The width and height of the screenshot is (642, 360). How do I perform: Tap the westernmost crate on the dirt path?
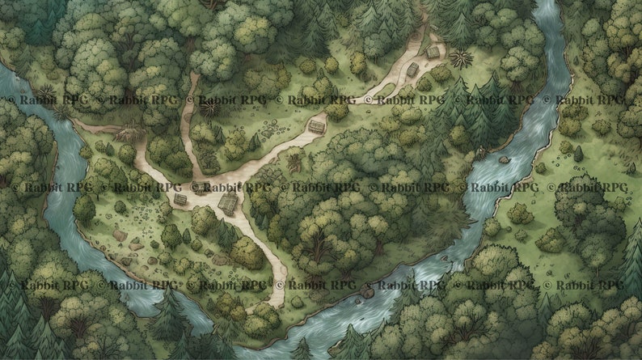pyautogui.click(x=180, y=198)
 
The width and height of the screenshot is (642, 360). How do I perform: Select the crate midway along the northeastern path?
pyautogui.click(x=317, y=127)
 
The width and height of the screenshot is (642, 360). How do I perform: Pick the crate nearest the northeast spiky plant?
pyautogui.click(x=433, y=53)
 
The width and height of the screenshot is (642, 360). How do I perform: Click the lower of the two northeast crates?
pyautogui.click(x=413, y=70)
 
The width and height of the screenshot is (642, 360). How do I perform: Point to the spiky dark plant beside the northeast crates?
pyautogui.click(x=462, y=59)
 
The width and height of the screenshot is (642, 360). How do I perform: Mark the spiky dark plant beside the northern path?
pyautogui.click(x=213, y=108)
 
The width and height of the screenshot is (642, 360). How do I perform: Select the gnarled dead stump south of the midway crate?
pyautogui.click(x=294, y=163)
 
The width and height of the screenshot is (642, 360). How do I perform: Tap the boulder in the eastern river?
pyautogui.click(x=504, y=159)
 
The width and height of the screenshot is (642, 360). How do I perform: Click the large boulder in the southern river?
pyautogui.click(x=368, y=291)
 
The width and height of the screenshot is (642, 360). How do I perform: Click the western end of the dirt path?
pyautogui.click(x=77, y=122)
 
